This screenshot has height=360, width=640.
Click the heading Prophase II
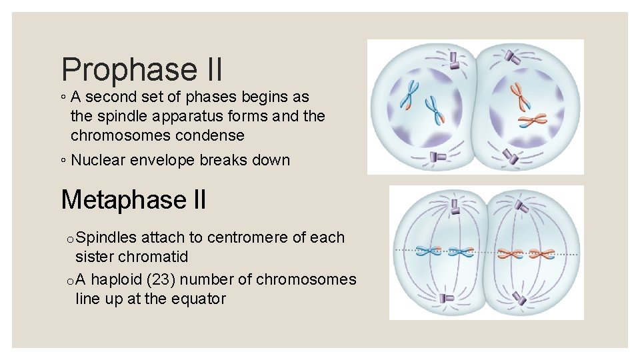point(141,69)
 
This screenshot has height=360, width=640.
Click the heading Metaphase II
point(133,199)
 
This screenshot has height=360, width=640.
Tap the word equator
point(199,299)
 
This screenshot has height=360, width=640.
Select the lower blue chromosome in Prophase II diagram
point(434,110)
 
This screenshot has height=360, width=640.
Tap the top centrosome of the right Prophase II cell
point(512,57)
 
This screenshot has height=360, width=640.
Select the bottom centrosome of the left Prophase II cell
point(438,157)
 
